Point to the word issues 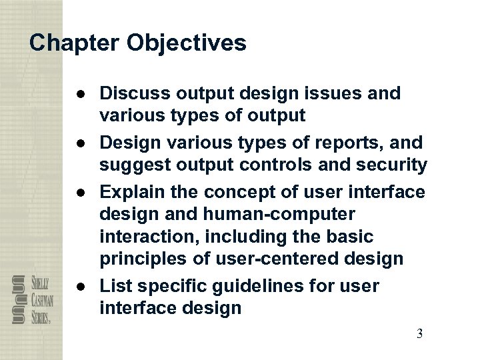338,94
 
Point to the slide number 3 419,334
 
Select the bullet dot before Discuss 80,94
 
